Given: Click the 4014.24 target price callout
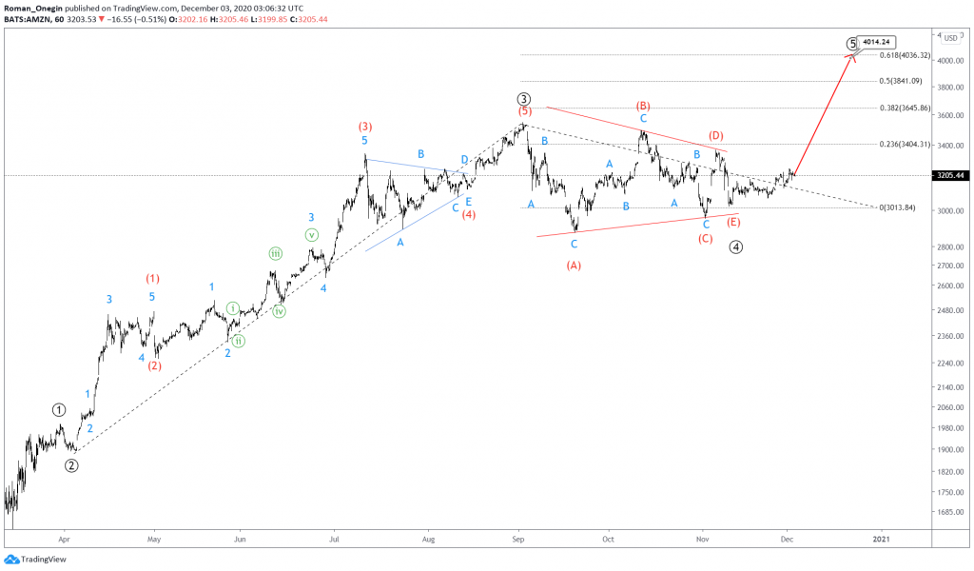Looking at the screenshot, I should click(876, 42).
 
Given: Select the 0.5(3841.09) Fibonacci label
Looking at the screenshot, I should click(902, 81).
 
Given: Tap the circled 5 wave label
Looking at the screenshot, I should click(852, 44).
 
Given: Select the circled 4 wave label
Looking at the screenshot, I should click(736, 246).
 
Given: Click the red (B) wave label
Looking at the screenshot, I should click(643, 106).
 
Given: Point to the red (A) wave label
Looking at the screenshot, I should click(574, 266).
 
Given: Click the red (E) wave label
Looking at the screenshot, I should click(733, 222).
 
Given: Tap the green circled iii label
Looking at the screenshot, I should click(275, 253).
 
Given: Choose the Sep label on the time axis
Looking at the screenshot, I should click(518, 539).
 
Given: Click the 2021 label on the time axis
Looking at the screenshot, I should click(881, 539).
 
